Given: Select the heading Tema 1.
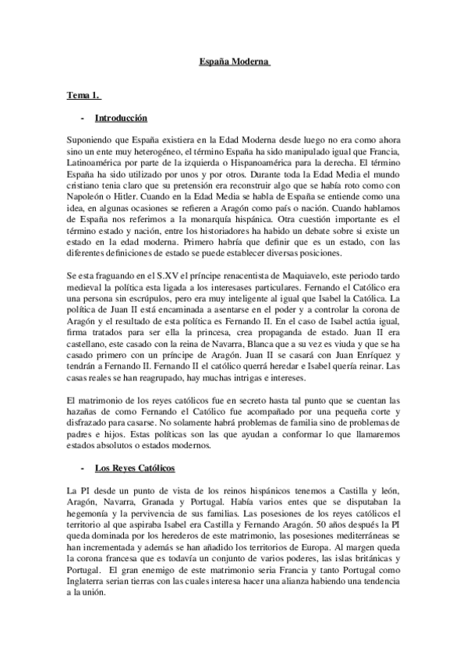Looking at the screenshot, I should tap(83, 96).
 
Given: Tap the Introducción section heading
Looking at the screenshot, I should tap(121, 118).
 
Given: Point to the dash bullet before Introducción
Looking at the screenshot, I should tap(83, 118).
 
